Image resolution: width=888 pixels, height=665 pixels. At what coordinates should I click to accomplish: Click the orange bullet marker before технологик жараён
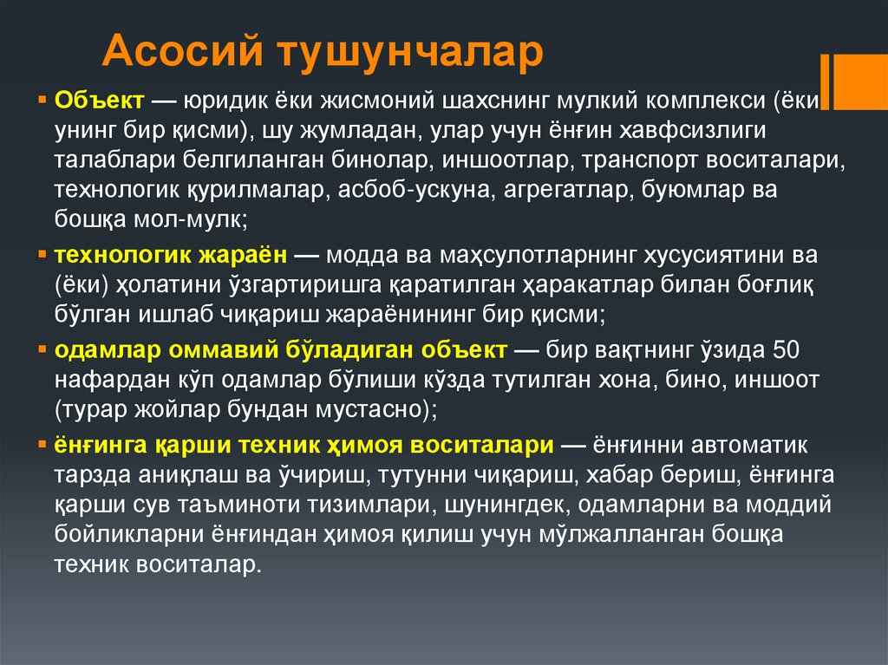click(x=43, y=258)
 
